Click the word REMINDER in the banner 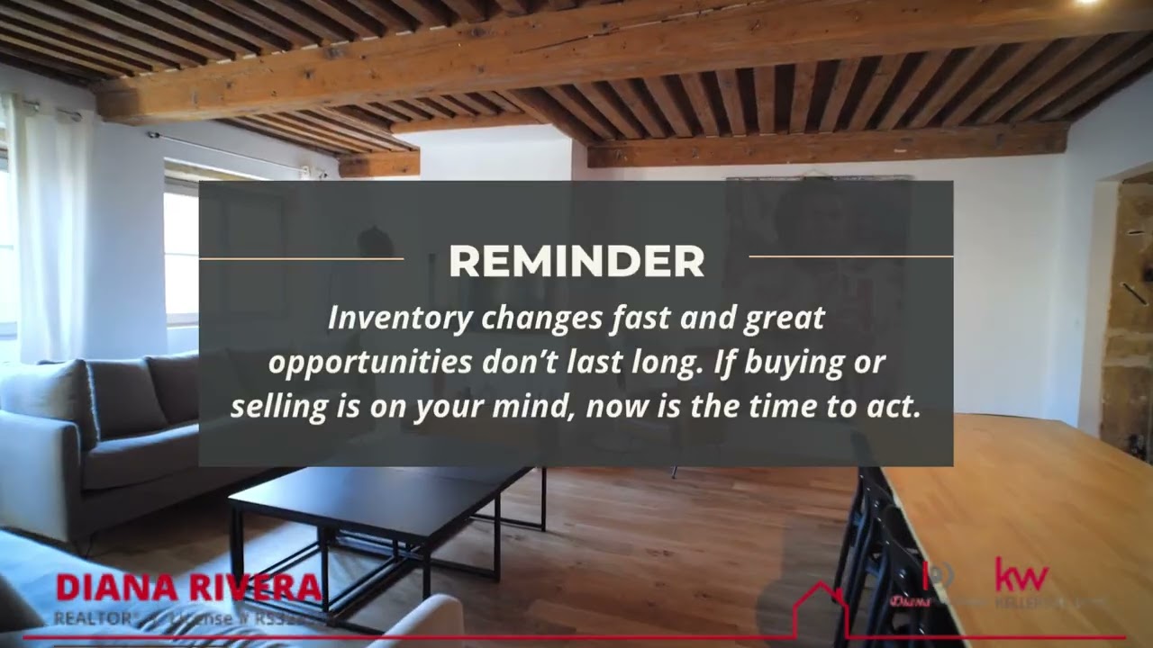coord(576,261)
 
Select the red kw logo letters coord(1021,575)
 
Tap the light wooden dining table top coord(1036,504)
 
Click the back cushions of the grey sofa coord(126,396)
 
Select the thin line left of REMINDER coord(301,258)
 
